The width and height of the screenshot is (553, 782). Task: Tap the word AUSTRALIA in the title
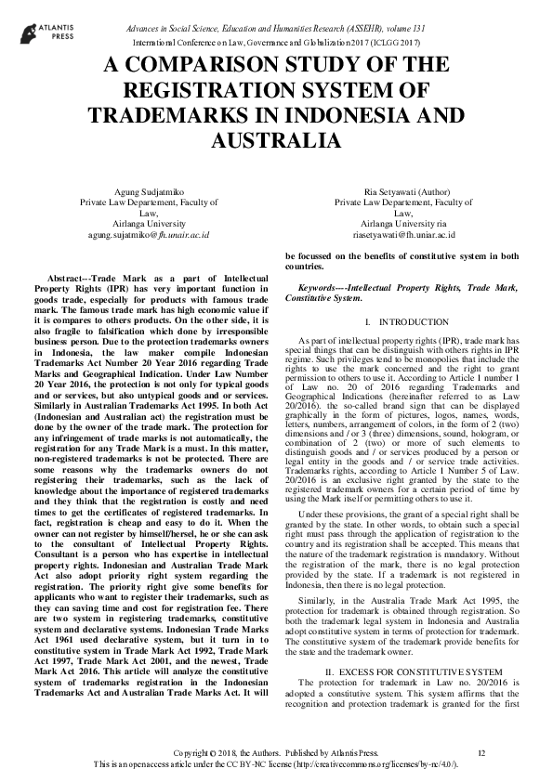pyautogui.click(x=276, y=140)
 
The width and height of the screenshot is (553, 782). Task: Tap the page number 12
pyautogui.click(x=481, y=750)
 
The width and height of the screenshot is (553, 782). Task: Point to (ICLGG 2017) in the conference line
pyautogui.click(x=395, y=44)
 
